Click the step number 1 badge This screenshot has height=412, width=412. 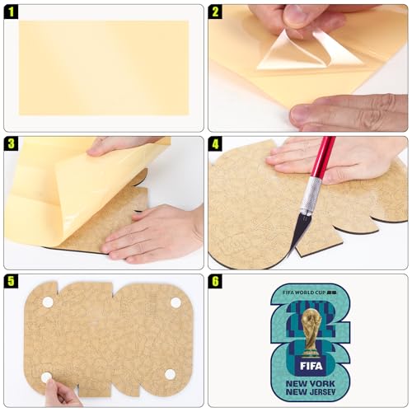tap(11, 12)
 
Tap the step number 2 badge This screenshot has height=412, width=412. tap(215, 12)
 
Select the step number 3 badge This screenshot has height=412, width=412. tap(11, 144)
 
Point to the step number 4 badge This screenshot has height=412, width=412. tap(215, 144)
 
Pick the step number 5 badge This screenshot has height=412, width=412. tap(11, 281)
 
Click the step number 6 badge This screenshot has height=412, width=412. tap(215, 281)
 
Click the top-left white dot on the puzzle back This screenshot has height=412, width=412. tap(48, 302)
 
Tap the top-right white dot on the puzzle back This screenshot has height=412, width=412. tap(176, 303)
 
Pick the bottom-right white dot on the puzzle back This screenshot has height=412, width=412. tap(170, 374)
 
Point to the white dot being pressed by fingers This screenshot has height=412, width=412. tap(47, 377)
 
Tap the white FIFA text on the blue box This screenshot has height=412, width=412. tap(311, 366)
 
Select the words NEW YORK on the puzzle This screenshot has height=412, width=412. tap(311, 383)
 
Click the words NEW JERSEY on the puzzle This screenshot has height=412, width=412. tap(311, 391)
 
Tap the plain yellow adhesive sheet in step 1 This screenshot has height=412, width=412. tap(104, 68)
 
